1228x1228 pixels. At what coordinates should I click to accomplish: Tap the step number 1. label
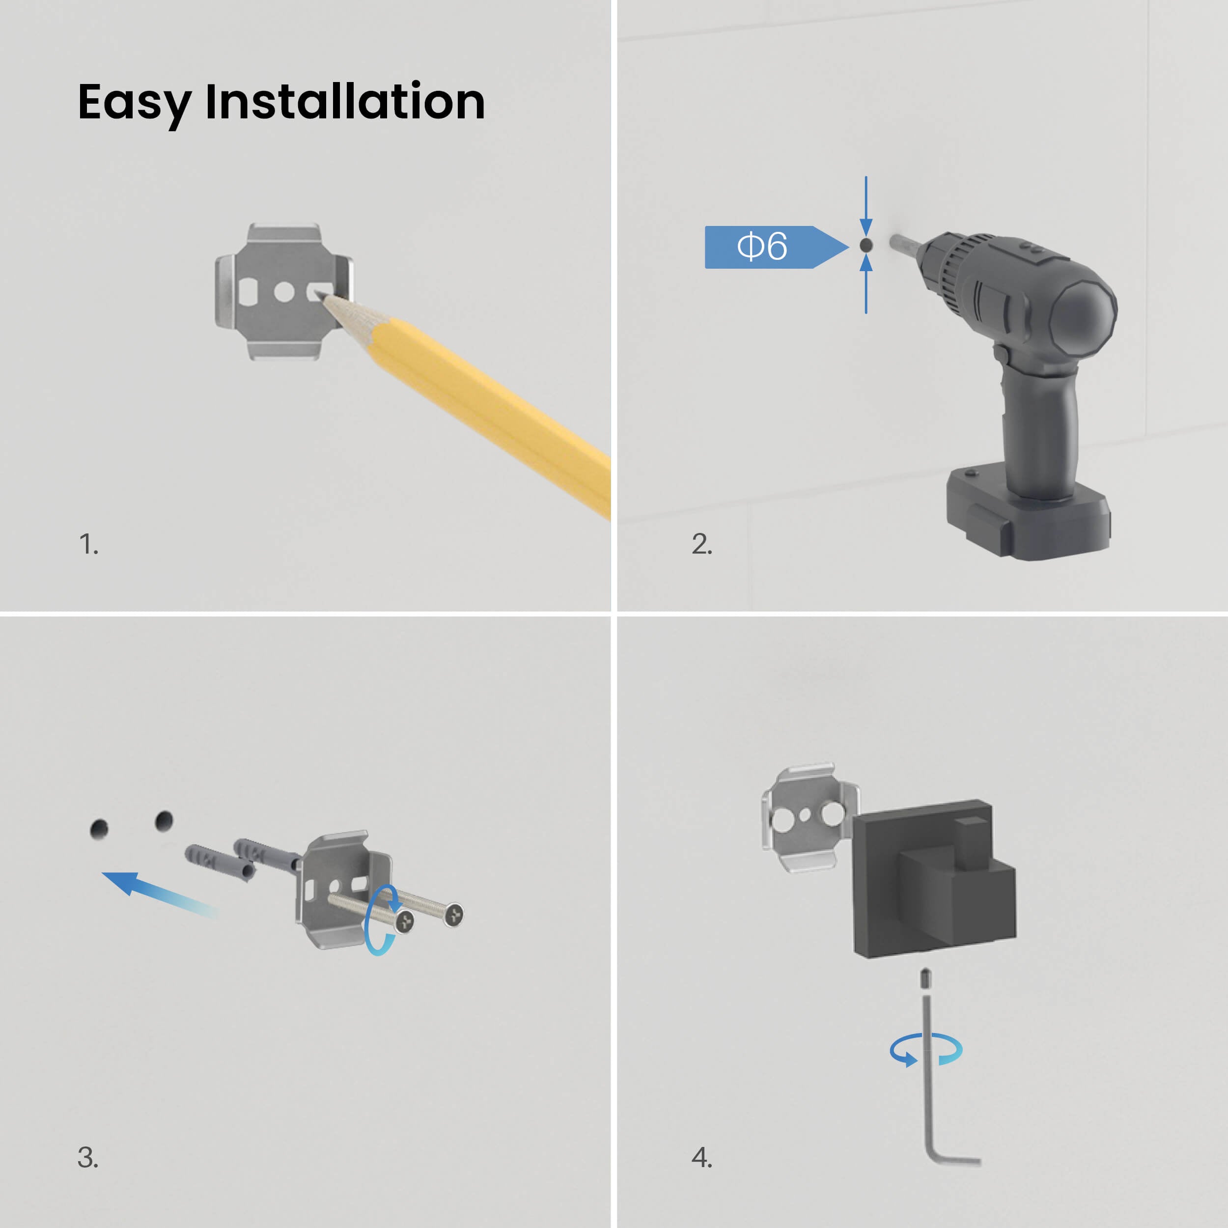(89, 544)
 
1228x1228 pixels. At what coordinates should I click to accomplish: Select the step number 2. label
(702, 544)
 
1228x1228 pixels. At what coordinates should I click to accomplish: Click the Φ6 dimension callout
(776, 247)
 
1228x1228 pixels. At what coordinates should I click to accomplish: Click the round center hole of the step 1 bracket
(284, 292)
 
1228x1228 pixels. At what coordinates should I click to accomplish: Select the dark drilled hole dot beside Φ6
(865, 245)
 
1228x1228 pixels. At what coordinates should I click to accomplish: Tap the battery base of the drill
(1028, 512)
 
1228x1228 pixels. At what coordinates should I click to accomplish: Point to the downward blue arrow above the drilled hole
(865, 206)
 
